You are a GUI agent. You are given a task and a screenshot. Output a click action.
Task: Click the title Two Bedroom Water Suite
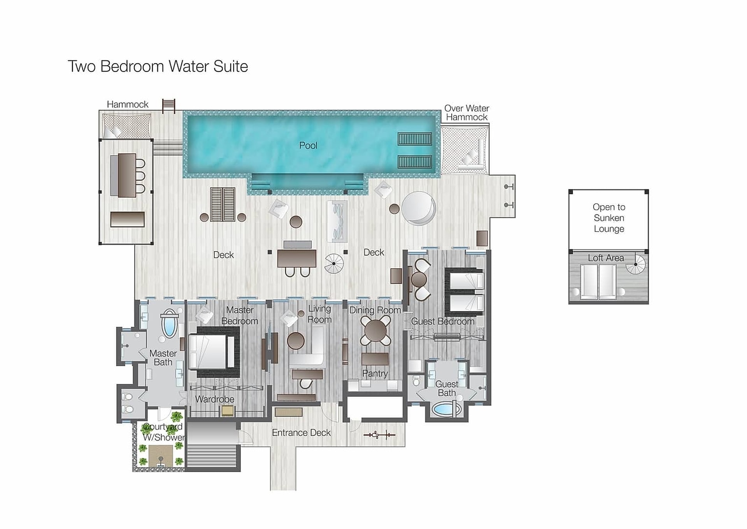[x=158, y=67]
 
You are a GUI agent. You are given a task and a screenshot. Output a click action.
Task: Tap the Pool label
[x=308, y=146]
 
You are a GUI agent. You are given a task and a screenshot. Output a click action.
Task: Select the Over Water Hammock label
[x=466, y=112]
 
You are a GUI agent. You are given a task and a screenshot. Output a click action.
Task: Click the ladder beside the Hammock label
[x=168, y=105]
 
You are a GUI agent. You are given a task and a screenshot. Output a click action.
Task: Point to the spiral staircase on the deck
[x=334, y=264]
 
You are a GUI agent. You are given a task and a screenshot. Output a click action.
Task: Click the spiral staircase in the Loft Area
[x=635, y=264]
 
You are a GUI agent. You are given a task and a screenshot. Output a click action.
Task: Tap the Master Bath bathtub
[x=169, y=323]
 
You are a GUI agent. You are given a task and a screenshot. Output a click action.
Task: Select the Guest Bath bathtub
[x=447, y=409]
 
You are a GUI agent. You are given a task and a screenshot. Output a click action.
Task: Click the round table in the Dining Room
[x=375, y=331]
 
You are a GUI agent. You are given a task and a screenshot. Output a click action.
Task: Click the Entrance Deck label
[x=301, y=432]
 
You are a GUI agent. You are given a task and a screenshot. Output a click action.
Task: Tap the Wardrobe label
[x=214, y=399]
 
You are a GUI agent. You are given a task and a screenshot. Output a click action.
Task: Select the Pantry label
[x=375, y=373]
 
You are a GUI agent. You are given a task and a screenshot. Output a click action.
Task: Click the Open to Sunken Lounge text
[x=609, y=218]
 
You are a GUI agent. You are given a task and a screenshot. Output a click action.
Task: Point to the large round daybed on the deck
[x=418, y=208]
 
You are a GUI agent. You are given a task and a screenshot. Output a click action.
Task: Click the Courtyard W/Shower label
[x=163, y=432]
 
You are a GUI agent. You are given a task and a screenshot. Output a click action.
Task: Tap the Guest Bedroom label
[x=443, y=321]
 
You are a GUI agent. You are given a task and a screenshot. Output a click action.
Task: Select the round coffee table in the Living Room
[x=296, y=341]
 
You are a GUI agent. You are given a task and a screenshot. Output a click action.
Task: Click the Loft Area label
[x=606, y=258]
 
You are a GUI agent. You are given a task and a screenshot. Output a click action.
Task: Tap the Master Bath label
[x=163, y=358]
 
